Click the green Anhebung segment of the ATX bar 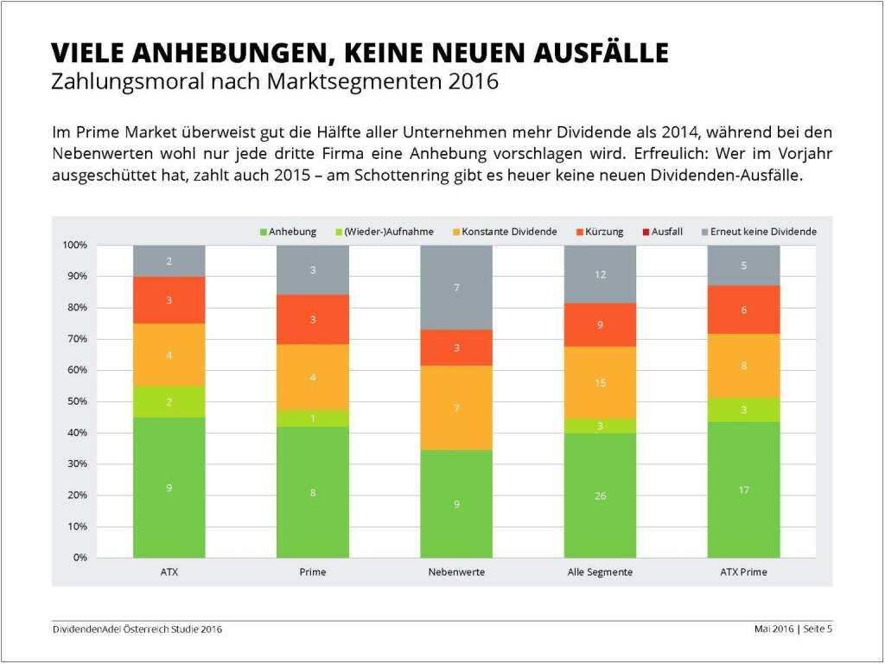point(169,488)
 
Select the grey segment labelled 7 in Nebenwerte point(456,287)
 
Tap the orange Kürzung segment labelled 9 point(600,325)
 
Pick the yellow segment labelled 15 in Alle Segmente point(600,382)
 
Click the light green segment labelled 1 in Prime point(312,418)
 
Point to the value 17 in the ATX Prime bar point(743,490)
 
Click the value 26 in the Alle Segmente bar point(600,495)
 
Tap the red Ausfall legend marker point(645,232)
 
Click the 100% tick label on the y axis point(73,246)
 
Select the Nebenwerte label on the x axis point(456,572)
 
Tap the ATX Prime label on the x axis point(743,572)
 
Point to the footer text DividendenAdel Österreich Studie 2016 point(137,629)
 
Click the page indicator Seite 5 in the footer point(817,629)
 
